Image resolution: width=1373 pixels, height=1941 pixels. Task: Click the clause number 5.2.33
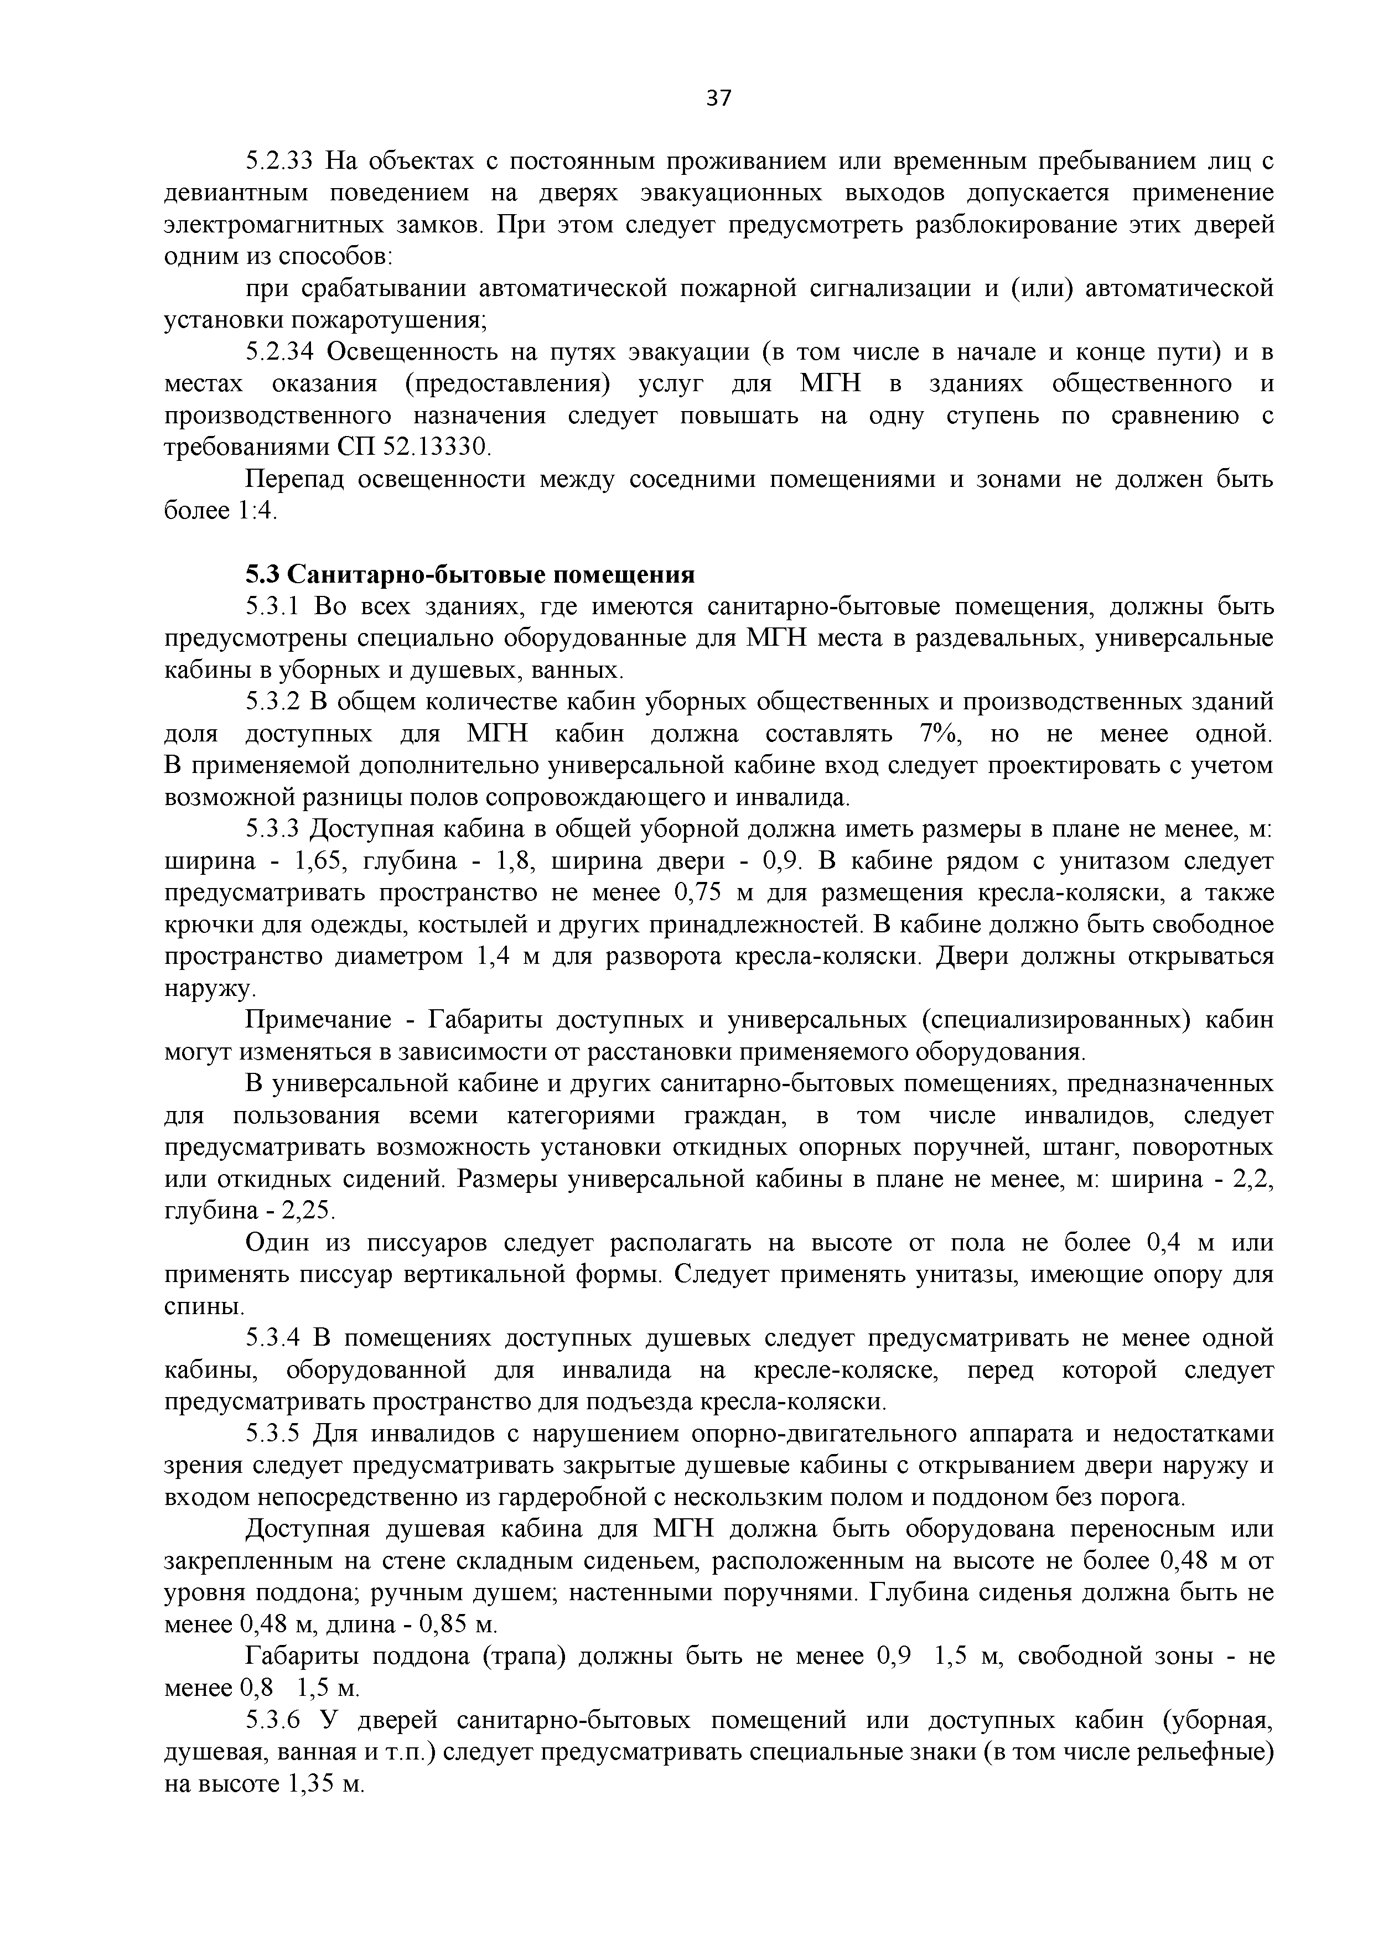click(279, 160)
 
